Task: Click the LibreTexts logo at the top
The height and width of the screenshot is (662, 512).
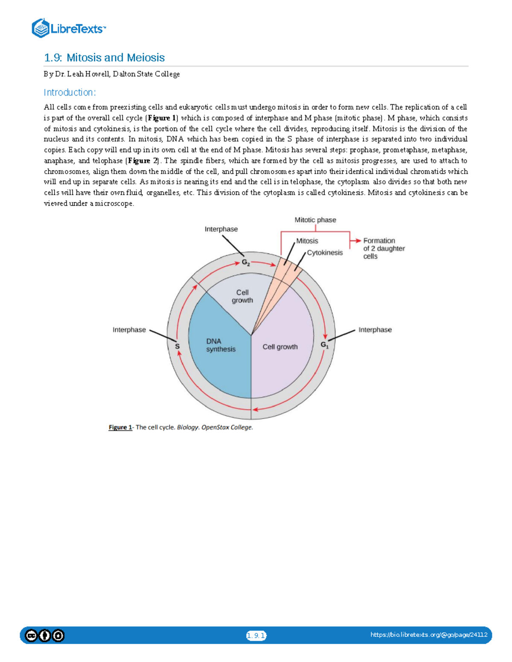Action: (68, 29)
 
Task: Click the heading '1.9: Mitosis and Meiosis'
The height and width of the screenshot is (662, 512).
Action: (105, 58)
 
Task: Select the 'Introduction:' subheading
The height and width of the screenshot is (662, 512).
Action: (70, 93)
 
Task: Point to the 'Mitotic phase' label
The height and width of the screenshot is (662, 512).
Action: (315, 220)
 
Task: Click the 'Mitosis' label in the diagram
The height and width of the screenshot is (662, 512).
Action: (307, 241)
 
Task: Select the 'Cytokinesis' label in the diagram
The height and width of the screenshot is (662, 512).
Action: (325, 253)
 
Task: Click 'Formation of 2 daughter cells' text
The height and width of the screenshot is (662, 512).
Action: (383, 249)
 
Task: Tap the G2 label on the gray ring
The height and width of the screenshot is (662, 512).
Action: (246, 263)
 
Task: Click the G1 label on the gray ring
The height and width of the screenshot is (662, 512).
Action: (325, 344)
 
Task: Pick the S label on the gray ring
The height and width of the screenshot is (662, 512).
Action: (177, 347)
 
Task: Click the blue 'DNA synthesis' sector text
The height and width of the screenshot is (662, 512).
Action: (221, 345)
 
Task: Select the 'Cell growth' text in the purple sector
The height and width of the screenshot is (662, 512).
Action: (280, 347)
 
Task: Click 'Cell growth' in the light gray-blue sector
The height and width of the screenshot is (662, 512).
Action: (242, 296)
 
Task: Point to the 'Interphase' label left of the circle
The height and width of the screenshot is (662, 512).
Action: (129, 330)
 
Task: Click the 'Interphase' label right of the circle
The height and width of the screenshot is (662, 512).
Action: (375, 330)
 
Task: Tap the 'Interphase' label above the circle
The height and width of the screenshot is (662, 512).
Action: (221, 229)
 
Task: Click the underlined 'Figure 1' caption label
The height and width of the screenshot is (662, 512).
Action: (120, 427)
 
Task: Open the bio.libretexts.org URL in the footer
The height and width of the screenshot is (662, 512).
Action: (429, 635)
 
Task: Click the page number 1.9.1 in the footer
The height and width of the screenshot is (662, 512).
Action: (256, 636)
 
